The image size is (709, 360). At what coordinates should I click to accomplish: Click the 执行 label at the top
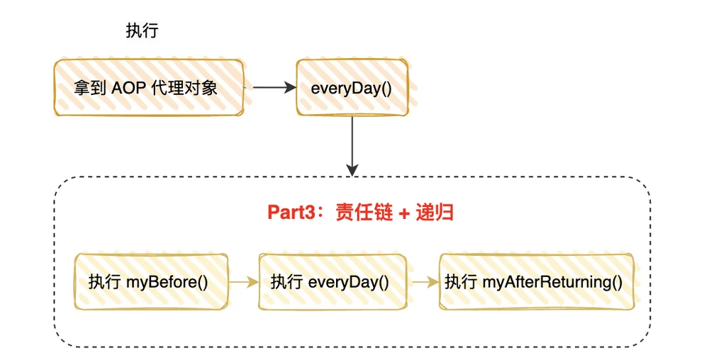[142, 30]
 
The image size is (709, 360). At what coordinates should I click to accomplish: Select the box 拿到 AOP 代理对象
[149, 88]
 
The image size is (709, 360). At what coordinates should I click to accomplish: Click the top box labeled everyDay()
[352, 88]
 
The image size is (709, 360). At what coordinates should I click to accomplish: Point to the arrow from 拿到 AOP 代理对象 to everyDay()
[274, 88]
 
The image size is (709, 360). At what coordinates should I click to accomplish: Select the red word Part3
[290, 213]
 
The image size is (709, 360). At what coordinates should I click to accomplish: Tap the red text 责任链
[364, 213]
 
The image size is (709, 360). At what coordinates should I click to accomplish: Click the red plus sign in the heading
[404, 213]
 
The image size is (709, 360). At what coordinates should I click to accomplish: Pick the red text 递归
[435, 213]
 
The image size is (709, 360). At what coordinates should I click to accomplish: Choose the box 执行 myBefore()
[151, 282]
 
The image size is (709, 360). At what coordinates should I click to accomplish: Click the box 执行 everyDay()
[333, 282]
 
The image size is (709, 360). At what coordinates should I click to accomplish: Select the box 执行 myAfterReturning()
[536, 282]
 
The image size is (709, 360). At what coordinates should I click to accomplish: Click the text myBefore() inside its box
[167, 282]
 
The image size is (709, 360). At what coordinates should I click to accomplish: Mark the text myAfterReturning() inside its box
[552, 282]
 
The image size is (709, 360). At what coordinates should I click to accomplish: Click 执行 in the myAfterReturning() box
[461, 282]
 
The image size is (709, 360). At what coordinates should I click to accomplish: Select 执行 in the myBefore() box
[104, 282]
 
